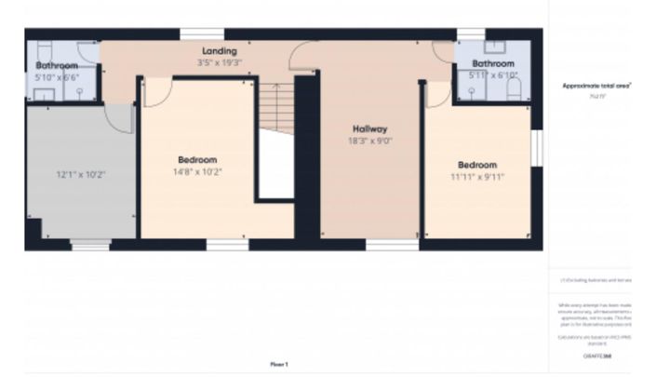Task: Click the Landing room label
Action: (219, 51)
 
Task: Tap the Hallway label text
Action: (369, 128)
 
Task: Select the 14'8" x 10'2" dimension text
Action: (197, 171)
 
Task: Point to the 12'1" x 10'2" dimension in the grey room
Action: (82, 174)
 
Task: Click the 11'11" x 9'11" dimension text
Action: (477, 176)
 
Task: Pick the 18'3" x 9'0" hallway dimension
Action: (369, 141)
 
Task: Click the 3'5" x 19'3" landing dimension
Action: (219, 62)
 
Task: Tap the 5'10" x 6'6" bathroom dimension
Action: (56, 77)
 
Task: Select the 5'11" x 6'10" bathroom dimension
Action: (493, 75)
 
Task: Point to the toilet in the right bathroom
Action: (514, 88)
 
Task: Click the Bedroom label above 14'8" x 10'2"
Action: (197, 159)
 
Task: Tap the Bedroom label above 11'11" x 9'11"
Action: (477, 164)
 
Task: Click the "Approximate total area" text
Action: (596, 86)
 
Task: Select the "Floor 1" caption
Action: (279, 364)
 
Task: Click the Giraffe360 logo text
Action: (596, 357)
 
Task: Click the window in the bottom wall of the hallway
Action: (379, 245)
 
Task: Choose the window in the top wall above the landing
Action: (190, 35)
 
